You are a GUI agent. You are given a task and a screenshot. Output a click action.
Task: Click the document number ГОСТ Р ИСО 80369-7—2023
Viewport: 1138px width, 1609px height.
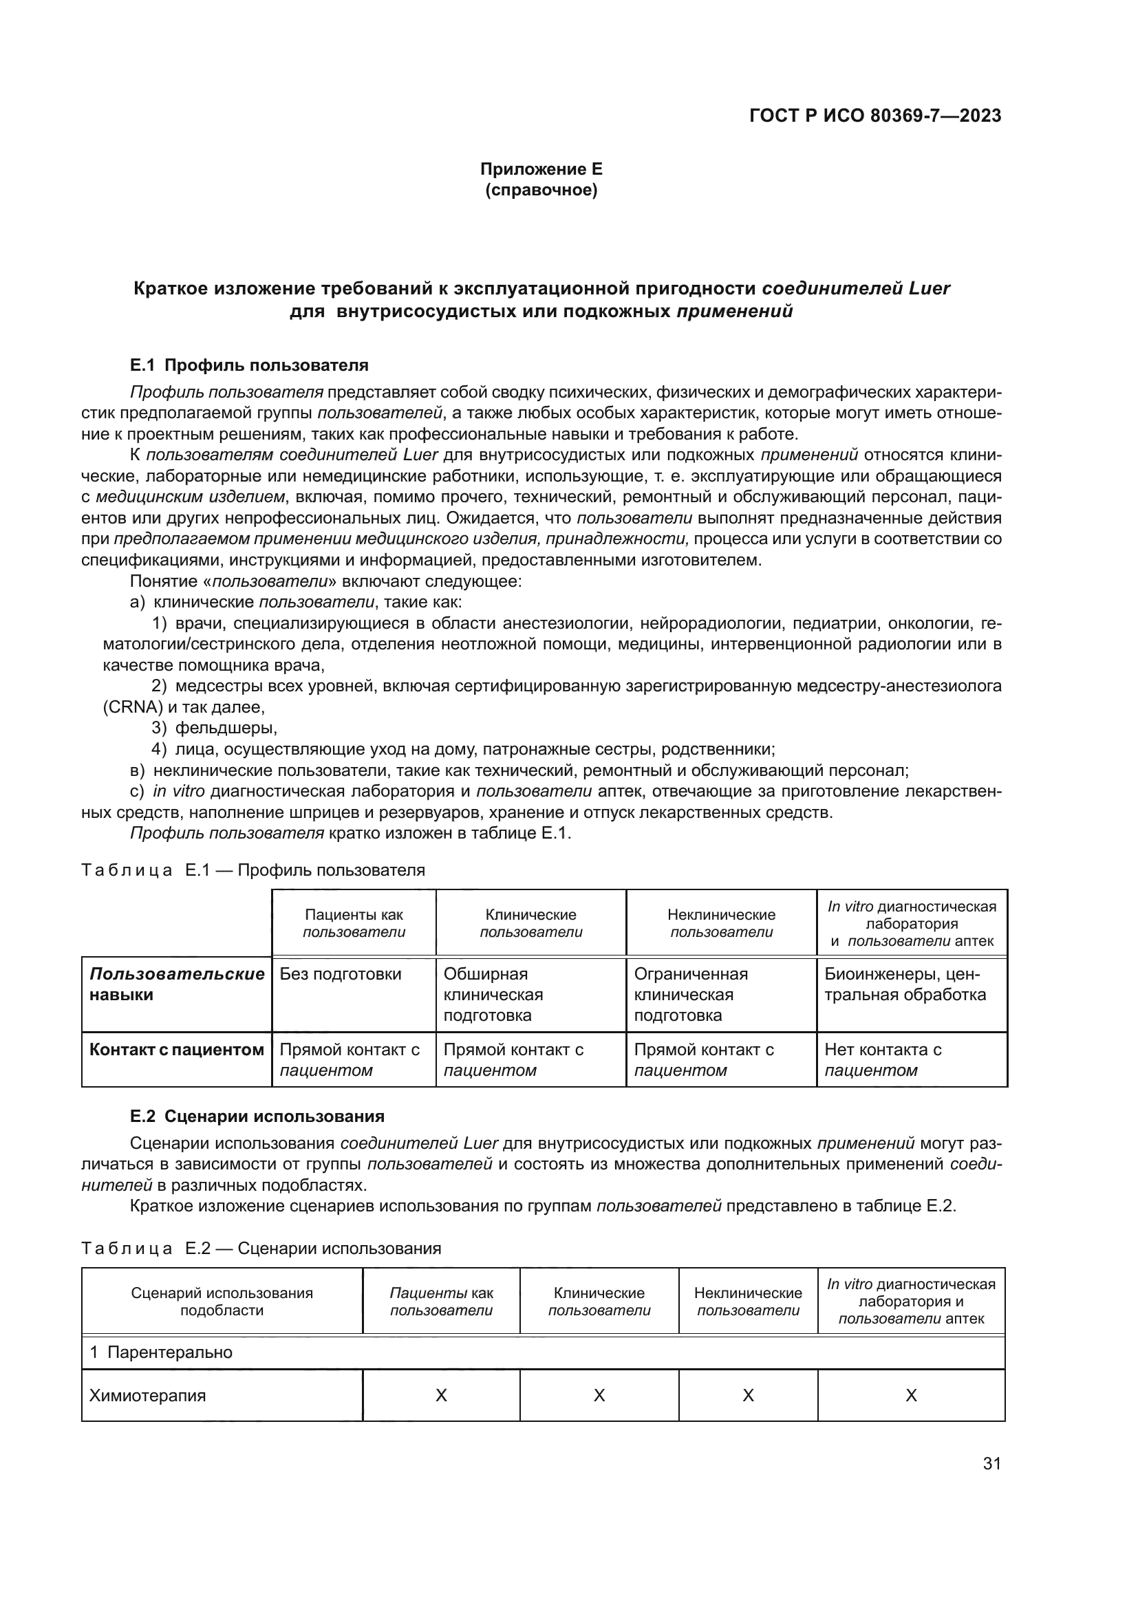875,116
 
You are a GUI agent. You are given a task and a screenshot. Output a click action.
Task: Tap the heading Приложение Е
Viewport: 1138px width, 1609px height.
541,169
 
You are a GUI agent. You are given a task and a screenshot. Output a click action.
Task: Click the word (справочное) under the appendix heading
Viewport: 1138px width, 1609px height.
541,190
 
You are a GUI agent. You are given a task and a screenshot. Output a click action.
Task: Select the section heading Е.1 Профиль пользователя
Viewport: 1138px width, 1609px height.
249,365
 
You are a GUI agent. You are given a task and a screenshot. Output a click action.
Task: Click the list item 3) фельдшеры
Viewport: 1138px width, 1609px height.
215,728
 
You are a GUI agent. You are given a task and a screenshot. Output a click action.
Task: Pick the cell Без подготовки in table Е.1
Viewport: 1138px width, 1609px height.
341,974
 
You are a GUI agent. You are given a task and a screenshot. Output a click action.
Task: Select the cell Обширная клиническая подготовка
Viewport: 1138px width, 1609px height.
493,995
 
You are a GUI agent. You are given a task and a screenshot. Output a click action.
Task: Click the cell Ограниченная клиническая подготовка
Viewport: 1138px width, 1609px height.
690,995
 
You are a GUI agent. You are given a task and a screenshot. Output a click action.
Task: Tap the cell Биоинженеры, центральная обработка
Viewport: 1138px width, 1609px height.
905,984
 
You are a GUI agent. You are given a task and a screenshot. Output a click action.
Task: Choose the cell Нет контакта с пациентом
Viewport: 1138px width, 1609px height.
882,1059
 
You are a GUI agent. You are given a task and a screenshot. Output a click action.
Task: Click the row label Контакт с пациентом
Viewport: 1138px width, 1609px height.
177,1050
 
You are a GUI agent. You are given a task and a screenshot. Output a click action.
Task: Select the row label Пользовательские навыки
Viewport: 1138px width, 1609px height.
177,984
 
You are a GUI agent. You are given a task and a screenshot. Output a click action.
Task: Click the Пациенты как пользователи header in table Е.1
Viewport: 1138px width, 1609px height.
354,923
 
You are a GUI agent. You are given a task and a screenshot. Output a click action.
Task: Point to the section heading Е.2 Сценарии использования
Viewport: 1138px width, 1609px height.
257,1116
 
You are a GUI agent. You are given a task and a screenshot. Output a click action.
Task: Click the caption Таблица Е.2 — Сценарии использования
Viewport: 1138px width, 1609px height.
261,1248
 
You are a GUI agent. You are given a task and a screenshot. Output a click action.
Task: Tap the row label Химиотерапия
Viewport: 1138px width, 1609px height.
148,1395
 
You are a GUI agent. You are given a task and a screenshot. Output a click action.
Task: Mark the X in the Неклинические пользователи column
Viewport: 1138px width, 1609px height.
748,1395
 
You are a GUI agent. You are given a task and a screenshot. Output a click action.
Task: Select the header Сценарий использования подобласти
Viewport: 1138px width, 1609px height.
222,1302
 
